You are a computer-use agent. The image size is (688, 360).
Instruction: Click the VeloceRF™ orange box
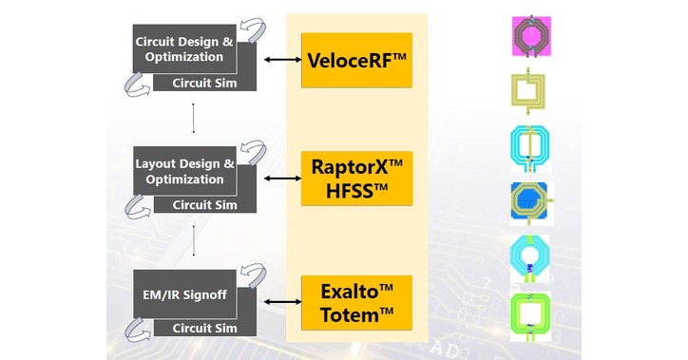pyautogui.click(x=356, y=60)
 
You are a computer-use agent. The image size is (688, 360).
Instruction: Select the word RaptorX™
pyautogui.click(x=356, y=166)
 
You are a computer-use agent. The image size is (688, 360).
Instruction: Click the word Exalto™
pyautogui.click(x=356, y=290)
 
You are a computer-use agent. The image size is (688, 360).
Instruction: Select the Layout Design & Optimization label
pyautogui.click(x=180, y=171)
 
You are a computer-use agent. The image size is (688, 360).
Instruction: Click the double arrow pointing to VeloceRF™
pyautogui.click(x=277, y=60)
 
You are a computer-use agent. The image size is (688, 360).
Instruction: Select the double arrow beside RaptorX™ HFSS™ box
pyautogui.click(x=277, y=178)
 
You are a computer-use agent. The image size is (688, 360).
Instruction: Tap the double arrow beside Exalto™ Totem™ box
pyautogui.click(x=277, y=301)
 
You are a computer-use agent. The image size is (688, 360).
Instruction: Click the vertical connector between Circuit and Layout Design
pyautogui.click(x=194, y=118)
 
